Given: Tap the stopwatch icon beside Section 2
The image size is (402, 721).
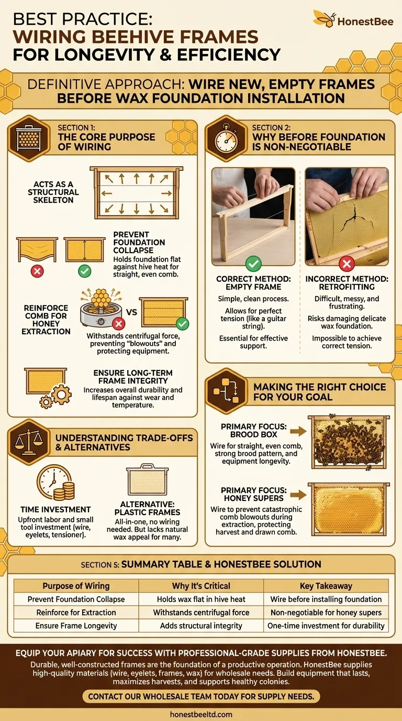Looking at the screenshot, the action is pos(227,139).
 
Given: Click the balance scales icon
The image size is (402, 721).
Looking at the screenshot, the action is pos(29,442).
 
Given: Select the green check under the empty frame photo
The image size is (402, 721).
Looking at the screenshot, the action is pos(253,264).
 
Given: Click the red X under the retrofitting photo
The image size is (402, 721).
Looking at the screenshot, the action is pos(347,264).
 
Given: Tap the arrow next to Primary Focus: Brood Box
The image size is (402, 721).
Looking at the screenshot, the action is pos(298,431).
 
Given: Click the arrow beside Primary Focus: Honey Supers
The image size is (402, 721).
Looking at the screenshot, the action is pos(298,495).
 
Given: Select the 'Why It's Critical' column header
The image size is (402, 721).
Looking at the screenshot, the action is pos(201,586).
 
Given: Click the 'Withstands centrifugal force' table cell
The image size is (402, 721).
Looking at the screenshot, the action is pos(201,612).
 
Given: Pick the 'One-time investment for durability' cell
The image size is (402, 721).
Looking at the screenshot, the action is pos(326,626).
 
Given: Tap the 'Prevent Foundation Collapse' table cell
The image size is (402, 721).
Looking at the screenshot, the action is pos(76,599).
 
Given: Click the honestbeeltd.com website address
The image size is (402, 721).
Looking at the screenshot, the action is pos(201,714).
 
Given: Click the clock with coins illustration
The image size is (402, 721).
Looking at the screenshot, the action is pos(55,482).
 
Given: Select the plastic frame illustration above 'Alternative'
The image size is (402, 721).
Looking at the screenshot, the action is pos(147,479).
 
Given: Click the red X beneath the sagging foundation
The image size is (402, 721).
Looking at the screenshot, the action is pos(37,271).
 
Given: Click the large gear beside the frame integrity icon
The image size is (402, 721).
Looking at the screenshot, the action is pos(61,394).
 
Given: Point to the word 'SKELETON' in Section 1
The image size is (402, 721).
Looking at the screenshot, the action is pos(53,200).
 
